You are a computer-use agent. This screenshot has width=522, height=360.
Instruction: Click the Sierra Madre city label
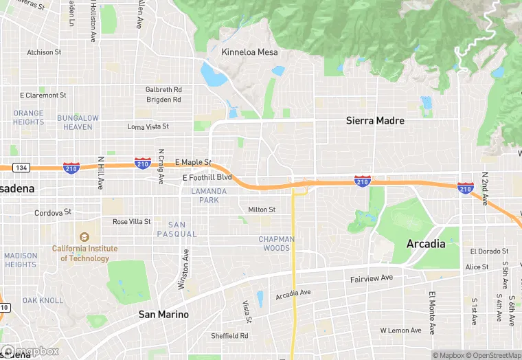tap(375, 121)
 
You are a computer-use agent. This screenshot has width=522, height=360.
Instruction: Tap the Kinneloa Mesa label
tap(249, 52)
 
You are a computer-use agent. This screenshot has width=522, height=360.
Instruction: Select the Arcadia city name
tap(426, 244)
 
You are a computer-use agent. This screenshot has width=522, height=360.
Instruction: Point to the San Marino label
tap(163, 315)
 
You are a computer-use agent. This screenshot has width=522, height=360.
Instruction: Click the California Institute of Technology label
tap(85, 254)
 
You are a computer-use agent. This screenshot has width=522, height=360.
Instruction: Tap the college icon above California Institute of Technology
tap(85, 237)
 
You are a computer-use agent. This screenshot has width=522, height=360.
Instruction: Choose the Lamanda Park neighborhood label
tap(209, 195)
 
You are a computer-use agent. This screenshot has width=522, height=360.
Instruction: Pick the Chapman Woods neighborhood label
tap(276, 243)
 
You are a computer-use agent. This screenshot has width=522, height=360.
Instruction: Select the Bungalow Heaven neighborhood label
tap(78, 122)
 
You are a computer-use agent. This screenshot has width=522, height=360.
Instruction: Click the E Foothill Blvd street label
tap(207, 177)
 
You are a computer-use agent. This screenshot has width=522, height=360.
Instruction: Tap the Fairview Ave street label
tap(371, 278)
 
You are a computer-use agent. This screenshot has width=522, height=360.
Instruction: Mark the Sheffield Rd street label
tap(229, 336)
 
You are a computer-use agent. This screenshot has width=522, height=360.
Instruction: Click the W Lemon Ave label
tap(400, 330)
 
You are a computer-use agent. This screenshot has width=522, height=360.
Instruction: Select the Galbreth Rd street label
tap(163, 90)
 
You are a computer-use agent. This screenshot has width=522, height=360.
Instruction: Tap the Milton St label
tap(262, 210)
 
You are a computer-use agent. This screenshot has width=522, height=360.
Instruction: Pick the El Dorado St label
tap(489, 251)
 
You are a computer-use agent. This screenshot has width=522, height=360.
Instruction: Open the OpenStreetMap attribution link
tap(495, 355)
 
